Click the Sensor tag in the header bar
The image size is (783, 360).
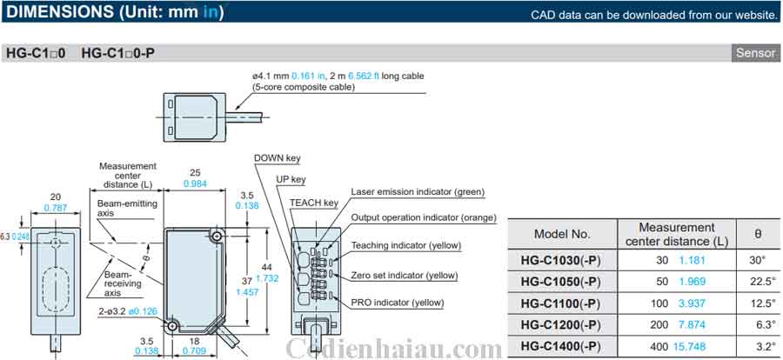pyautogui.click(x=755, y=53)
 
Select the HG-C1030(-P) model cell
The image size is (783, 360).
pyautogui.click(x=561, y=259)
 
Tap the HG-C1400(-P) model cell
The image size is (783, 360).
pyautogui.click(x=561, y=346)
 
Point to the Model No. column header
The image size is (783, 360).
pyautogui.click(x=562, y=233)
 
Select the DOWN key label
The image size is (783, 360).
pyautogui.click(x=277, y=158)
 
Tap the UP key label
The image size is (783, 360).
pyautogui.click(x=291, y=180)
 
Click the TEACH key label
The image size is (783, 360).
pyautogui.click(x=314, y=203)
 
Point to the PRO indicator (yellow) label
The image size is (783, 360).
pyautogui.click(x=397, y=302)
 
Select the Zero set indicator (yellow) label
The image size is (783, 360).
pyautogui.click(x=404, y=275)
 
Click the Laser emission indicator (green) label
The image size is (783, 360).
pyautogui.click(x=418, y=191)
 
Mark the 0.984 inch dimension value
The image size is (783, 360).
pyautogui.click(x=196, y=183)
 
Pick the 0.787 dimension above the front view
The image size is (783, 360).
pyautogui.click(x=56, y=208)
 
